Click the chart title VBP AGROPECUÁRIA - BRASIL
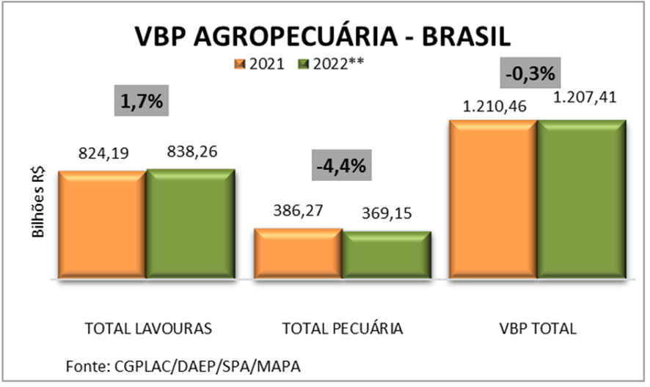coord(323,37)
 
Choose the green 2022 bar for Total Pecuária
coord(386,256)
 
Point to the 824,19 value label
coord(102,155)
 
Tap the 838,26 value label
coord(191,152)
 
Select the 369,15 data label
coord(386,214)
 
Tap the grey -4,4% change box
coord(341,165)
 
